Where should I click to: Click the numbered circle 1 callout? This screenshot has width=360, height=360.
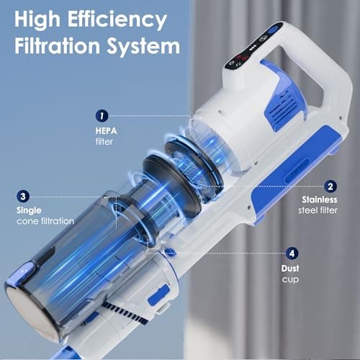pos(102,114)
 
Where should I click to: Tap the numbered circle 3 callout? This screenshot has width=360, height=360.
pos(24,195)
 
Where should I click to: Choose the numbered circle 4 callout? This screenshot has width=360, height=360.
pos(292,253)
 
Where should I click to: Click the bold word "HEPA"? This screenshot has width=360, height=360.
pos(105,132)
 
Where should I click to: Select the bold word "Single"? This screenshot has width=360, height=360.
pos(30,210)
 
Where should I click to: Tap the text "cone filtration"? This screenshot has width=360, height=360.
pos(45,220)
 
